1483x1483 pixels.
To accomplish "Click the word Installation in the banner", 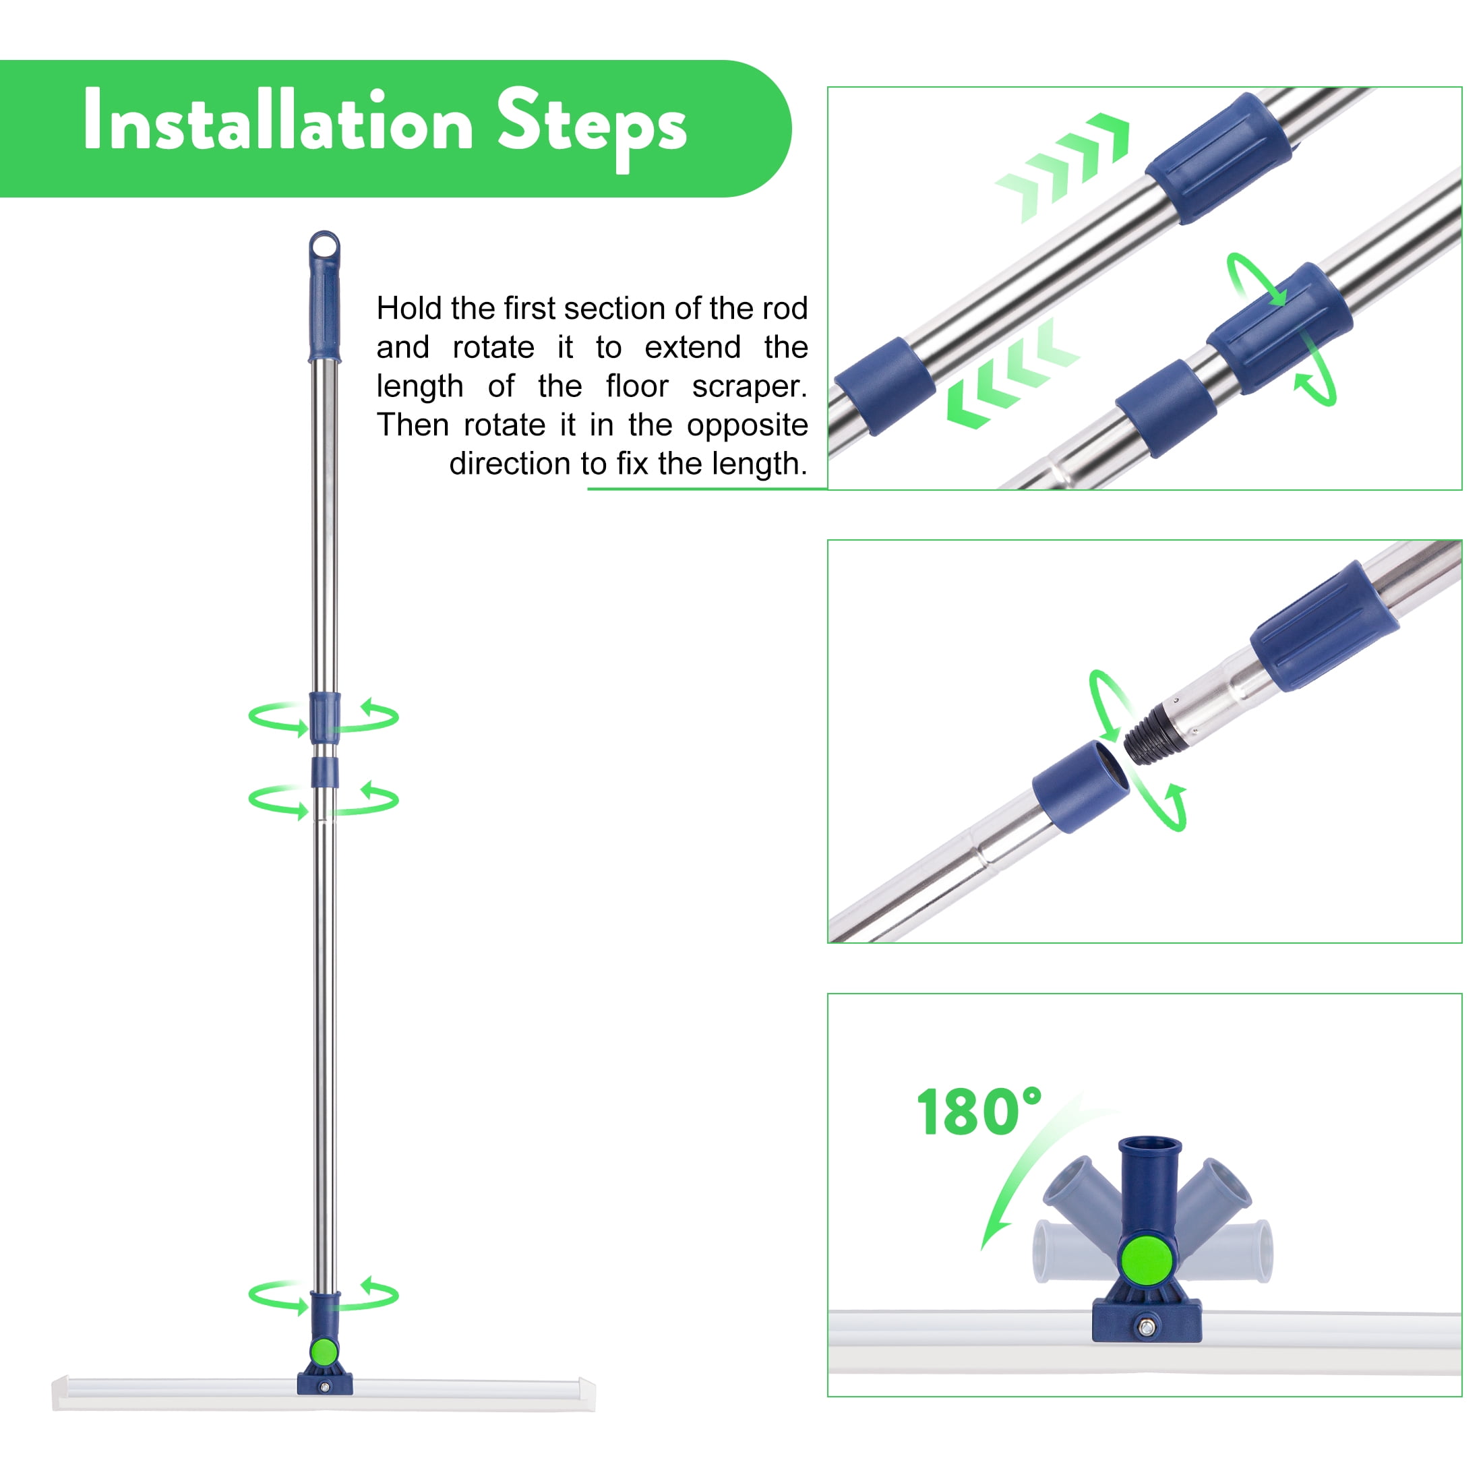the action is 278,121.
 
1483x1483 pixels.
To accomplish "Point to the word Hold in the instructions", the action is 409,309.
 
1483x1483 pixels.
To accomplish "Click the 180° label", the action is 979,1112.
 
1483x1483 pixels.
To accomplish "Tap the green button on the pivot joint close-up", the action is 1147,1259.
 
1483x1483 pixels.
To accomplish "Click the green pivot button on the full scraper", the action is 325,1352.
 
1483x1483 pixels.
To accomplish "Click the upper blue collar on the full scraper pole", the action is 325,717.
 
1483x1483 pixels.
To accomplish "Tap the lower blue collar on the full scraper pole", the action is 325,773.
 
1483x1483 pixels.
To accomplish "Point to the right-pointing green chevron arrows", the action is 1062,168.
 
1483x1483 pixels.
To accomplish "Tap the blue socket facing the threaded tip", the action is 1081,787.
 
